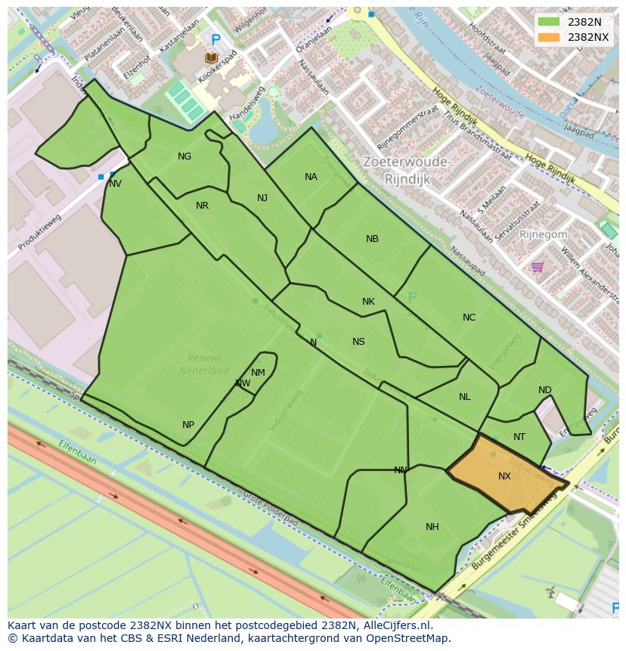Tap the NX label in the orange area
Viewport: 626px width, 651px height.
click(x=504, y=476)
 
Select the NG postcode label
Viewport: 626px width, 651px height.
click(x=184, y=157)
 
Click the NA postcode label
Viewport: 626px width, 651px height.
click(x=311, y=177)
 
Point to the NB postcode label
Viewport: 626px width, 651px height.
click(x=372, y=239)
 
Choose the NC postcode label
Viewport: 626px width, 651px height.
click(x=469, y=318)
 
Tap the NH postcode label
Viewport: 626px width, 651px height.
click(x=432, y=527)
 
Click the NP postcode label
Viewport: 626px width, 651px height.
click(x=188, y=425)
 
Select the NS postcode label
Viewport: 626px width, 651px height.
click(x=358, y=342)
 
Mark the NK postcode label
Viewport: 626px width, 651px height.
click(x=368, y=302)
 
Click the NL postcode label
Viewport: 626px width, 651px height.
click(x=464, y=397)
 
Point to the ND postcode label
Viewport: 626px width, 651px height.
click(x=544, y=390)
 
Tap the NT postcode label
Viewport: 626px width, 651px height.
click(x=519, y=437)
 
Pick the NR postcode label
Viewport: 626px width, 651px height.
click(x=202, y=206)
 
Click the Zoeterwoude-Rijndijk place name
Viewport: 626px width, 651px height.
click(x=407, y=170)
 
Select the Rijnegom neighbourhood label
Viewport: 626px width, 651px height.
click(x=543, y=234)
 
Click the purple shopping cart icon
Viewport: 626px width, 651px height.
click(x=538, y=266)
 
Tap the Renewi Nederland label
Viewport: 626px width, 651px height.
click(x=204, y=364)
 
